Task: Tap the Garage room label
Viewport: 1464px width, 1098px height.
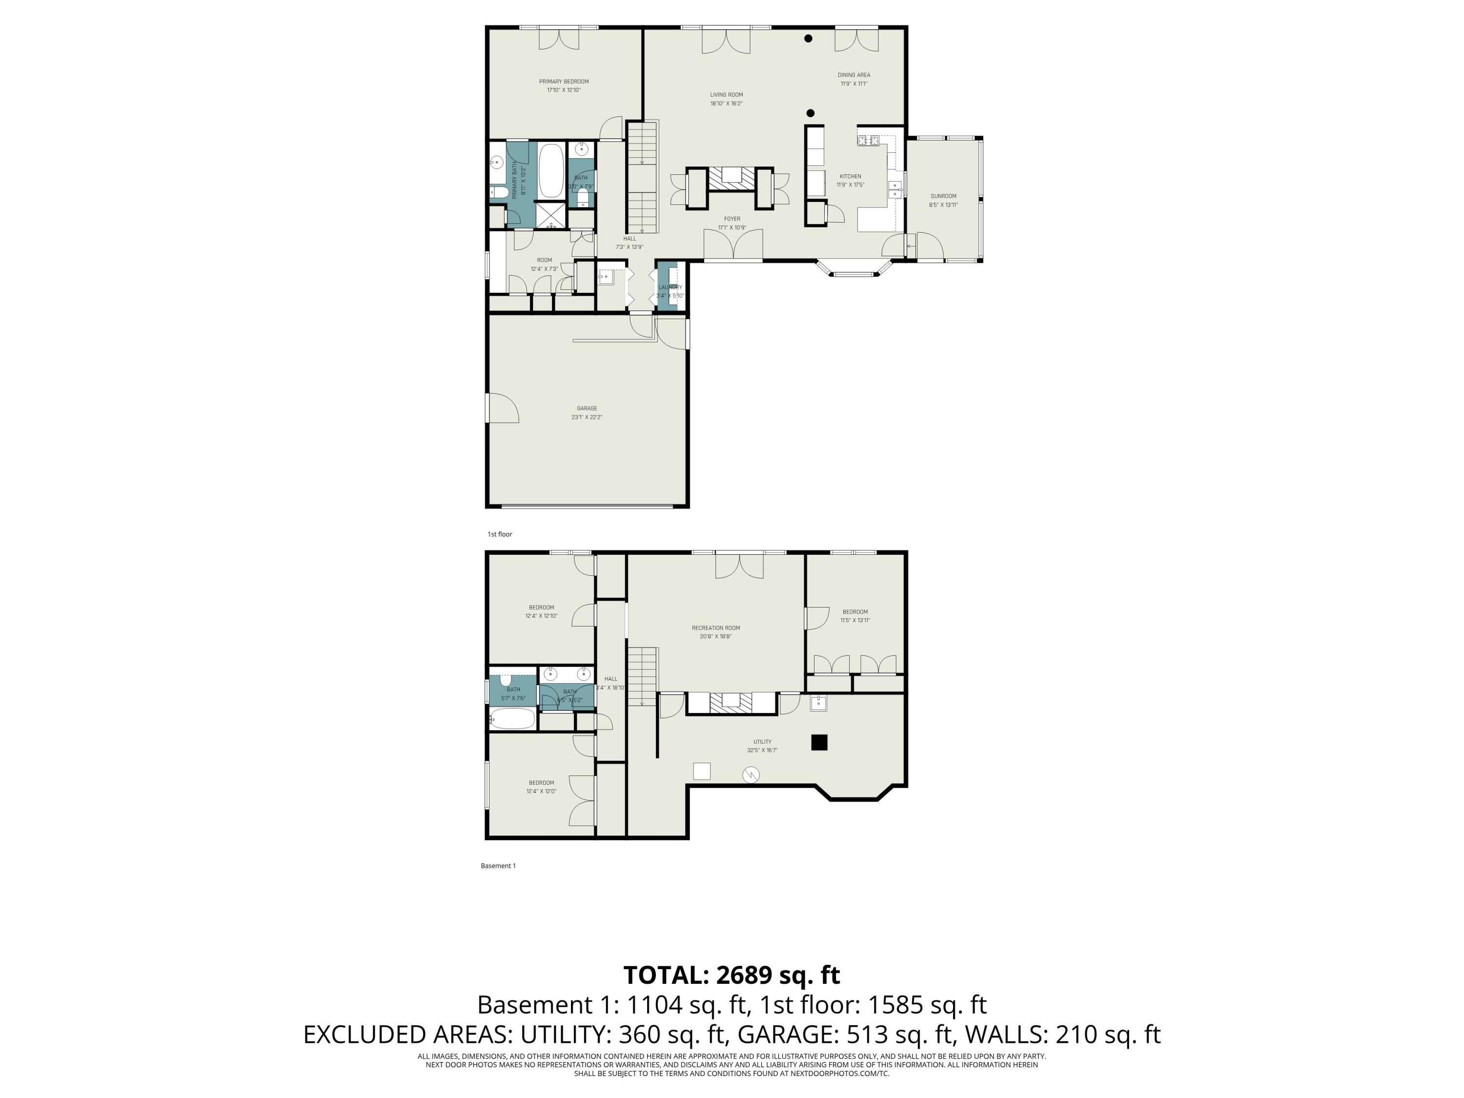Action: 587,409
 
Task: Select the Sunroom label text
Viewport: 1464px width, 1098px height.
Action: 943,197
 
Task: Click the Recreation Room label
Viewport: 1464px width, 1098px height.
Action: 715,628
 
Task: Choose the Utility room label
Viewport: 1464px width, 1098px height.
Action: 762,742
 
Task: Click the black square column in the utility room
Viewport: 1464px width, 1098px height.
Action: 819,743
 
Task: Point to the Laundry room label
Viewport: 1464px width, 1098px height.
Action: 670,287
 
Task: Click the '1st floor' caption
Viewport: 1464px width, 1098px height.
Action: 500,534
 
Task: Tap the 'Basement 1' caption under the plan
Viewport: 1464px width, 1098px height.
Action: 498,866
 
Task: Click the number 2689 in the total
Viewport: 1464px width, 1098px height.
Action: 744,975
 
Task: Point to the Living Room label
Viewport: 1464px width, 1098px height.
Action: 726,95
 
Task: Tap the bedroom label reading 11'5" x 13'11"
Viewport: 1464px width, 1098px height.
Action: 855,620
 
